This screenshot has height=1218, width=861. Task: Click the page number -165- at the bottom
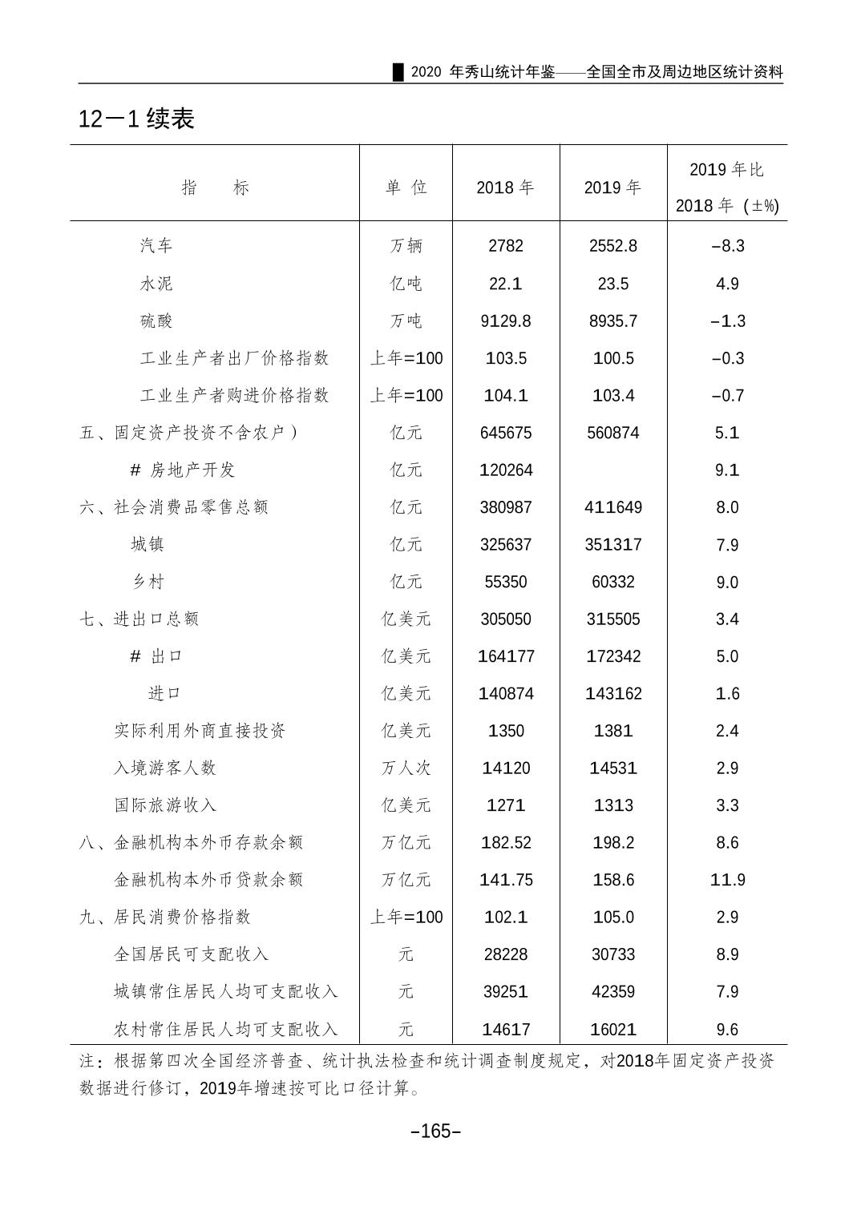(x=435, y=1131)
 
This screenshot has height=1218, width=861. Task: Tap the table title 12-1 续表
(x=136, y=119)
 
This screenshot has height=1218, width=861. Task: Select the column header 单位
(x=406, y=188)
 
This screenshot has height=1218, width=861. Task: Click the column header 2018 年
(x=505, y=188)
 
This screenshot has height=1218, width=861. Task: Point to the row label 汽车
(x=156, y=246)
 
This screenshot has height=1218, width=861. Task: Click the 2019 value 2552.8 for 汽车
(x=612, y=246)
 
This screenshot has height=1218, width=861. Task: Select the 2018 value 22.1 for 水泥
(x=505, y=284)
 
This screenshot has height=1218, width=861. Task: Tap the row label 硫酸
(x=156, y=321)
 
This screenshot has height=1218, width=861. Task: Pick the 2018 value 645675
(x=505, y=433)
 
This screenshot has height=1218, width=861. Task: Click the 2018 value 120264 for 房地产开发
(x=505, y=470)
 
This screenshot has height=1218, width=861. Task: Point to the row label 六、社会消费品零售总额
(x=174, y=507)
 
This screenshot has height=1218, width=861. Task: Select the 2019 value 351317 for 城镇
(x=612, y=545)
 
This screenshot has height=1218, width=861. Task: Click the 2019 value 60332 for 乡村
(x=612, y=582)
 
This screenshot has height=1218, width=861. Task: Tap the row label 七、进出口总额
(x=139, y=619)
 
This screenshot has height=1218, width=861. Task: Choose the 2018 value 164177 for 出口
(x=505, y=656)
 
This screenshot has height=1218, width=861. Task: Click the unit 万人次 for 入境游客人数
(x=406, y=768)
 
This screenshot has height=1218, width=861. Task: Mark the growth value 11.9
(x=727, y=880)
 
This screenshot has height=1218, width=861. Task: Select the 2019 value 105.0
(x=612, y=917)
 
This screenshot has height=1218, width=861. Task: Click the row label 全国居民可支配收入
(x=191, y=954)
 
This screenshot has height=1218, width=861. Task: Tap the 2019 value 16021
(x=612, y=1029)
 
